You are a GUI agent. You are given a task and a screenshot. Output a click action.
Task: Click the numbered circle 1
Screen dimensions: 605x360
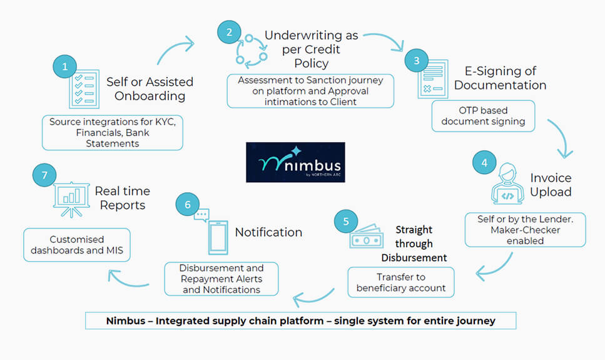(64, 66)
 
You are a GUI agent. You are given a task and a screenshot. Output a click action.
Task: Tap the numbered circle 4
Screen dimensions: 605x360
(484, 162)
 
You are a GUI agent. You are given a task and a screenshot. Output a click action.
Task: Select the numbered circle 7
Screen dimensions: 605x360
(44, 175)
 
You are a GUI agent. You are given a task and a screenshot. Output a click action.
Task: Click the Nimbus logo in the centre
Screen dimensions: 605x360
(295, 162)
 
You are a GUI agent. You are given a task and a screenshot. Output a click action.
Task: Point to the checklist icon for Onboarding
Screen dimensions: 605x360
(84, 90)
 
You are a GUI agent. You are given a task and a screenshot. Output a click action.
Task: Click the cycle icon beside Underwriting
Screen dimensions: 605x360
(252, 51)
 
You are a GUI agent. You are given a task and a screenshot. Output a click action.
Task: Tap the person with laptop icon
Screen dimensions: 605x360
(507, 184)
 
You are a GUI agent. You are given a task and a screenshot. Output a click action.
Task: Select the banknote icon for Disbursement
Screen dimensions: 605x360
(367, 237)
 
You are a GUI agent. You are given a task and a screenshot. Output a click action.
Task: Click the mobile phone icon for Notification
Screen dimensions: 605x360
(218, 237)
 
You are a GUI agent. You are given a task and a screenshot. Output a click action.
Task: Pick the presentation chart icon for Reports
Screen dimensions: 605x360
(71, 199)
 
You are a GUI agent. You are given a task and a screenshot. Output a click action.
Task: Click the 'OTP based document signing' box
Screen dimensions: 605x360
(483, 116)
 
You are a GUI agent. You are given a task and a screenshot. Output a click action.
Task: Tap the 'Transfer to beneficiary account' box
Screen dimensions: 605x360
(401, 282)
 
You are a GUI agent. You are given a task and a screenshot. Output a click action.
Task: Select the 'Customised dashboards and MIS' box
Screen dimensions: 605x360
(77, 245)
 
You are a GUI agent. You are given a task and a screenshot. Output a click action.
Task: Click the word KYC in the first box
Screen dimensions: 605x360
(165, 122)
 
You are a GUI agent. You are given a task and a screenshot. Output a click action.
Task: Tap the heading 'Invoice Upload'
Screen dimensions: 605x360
(551, 185)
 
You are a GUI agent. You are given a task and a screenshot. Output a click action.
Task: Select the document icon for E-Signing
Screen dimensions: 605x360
(433, 79)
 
